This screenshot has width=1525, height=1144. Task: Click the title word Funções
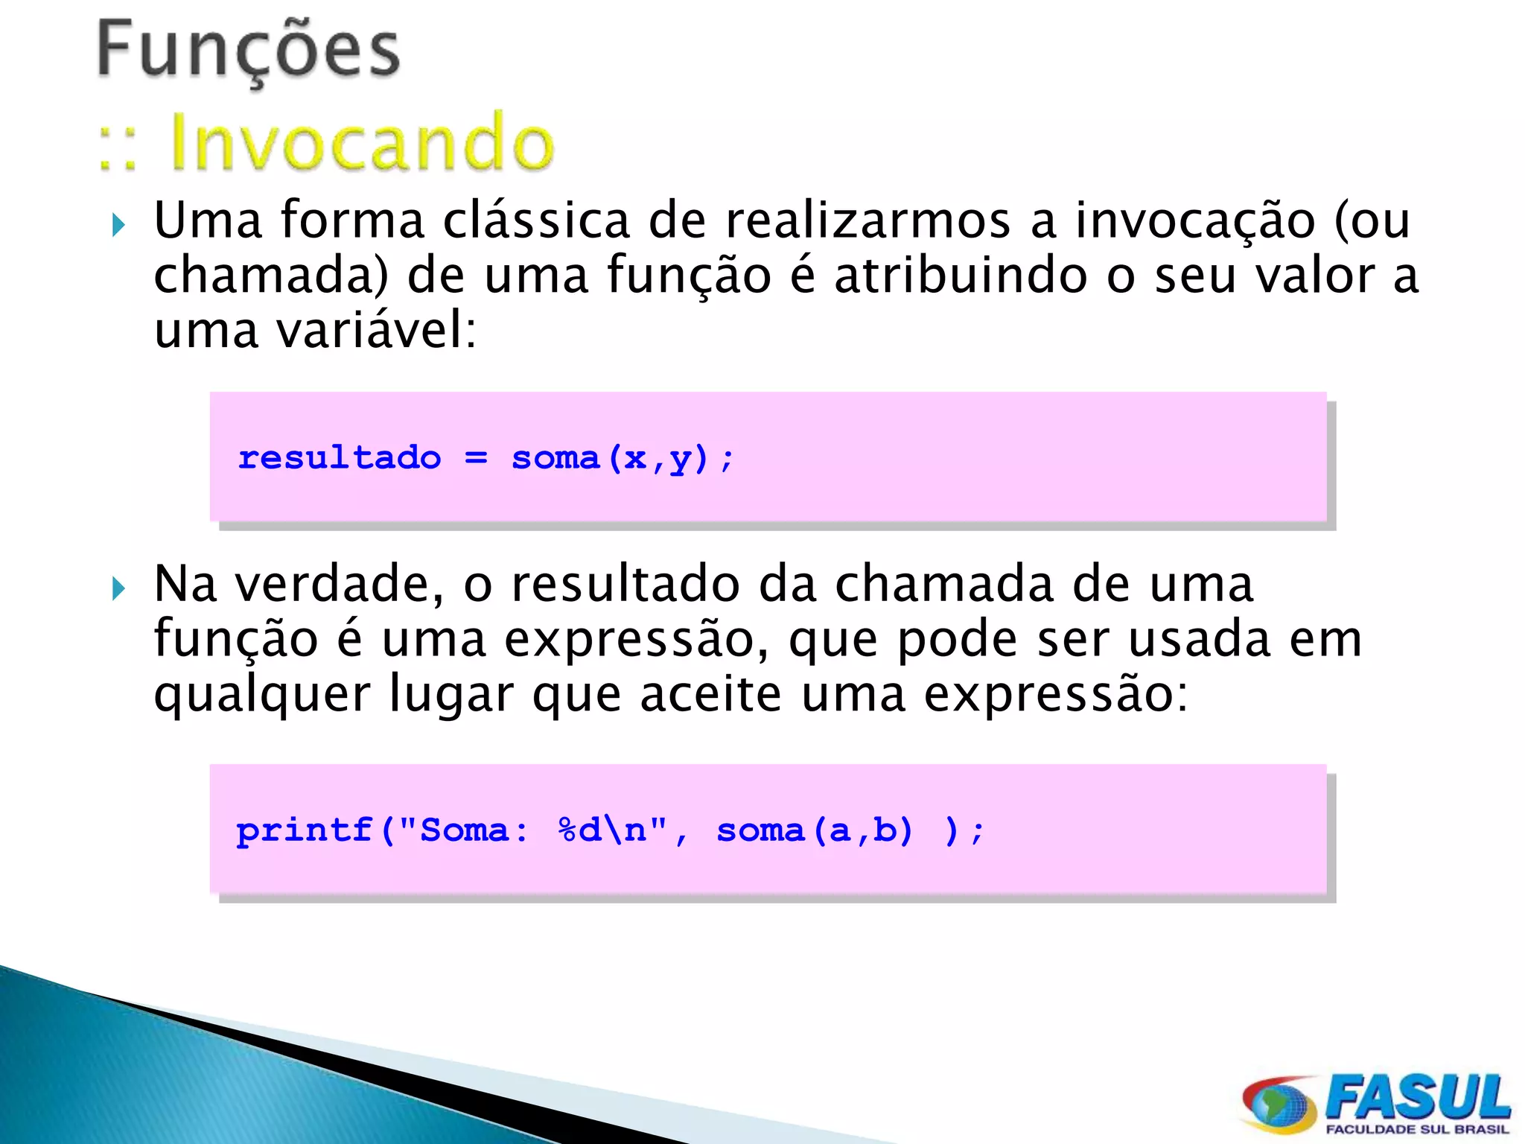248,51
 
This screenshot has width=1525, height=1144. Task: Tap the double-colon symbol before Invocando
118,150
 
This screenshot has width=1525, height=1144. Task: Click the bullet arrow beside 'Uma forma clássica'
118,225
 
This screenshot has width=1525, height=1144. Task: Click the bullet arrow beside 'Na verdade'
118,588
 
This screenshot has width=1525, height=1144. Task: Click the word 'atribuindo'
961,276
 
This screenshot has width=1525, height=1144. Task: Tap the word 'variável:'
376,331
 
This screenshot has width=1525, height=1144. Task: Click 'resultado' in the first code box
340,457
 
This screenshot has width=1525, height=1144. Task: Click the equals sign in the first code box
476,457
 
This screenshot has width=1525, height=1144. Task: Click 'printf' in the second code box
304,830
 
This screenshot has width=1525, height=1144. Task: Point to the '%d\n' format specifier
602,830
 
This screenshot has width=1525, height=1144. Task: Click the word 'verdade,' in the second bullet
340,585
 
